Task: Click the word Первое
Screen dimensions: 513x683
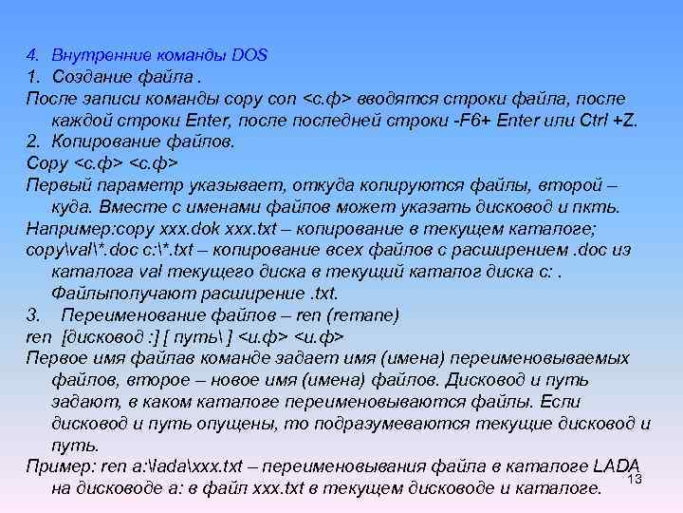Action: tap(55, 358)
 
